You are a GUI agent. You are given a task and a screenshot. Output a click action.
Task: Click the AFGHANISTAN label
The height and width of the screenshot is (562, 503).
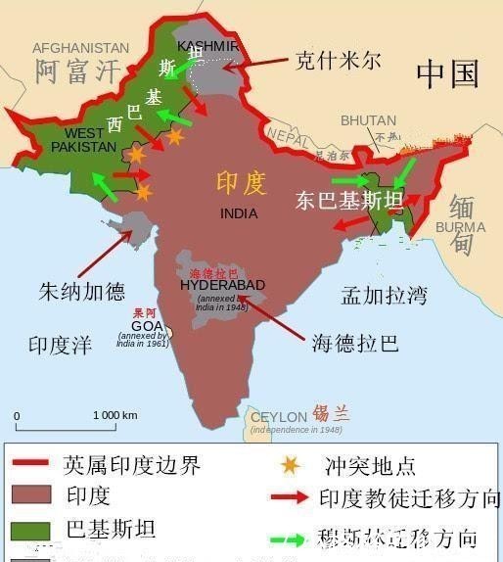pyautogui.click(x=80, y=47)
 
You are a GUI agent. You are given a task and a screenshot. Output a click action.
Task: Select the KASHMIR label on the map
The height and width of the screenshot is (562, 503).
pyautogui.click(x=207, y=46)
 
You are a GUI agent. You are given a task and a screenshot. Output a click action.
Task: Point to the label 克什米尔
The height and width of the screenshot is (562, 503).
pyautogui.click(x=338, y=61)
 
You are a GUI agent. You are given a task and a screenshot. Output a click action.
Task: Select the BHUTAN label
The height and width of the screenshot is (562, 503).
pyautogui.click(x=369, y=120)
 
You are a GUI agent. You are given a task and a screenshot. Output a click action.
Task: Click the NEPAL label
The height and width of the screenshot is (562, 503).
pyautogui.click(x=287, y=134)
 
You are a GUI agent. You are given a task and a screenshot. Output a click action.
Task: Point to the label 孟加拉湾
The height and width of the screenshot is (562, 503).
pyautogui.click(x=384, y=294)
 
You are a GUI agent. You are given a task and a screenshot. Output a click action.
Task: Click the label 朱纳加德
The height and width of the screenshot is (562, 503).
pyautogui.click(x=82, y=291)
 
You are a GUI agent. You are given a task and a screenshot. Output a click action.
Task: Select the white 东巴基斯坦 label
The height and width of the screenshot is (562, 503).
pyautogui.click(x=349, y=202)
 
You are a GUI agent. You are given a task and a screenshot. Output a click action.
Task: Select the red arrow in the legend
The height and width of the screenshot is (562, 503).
pyautogui.click(x=290, y=498)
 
